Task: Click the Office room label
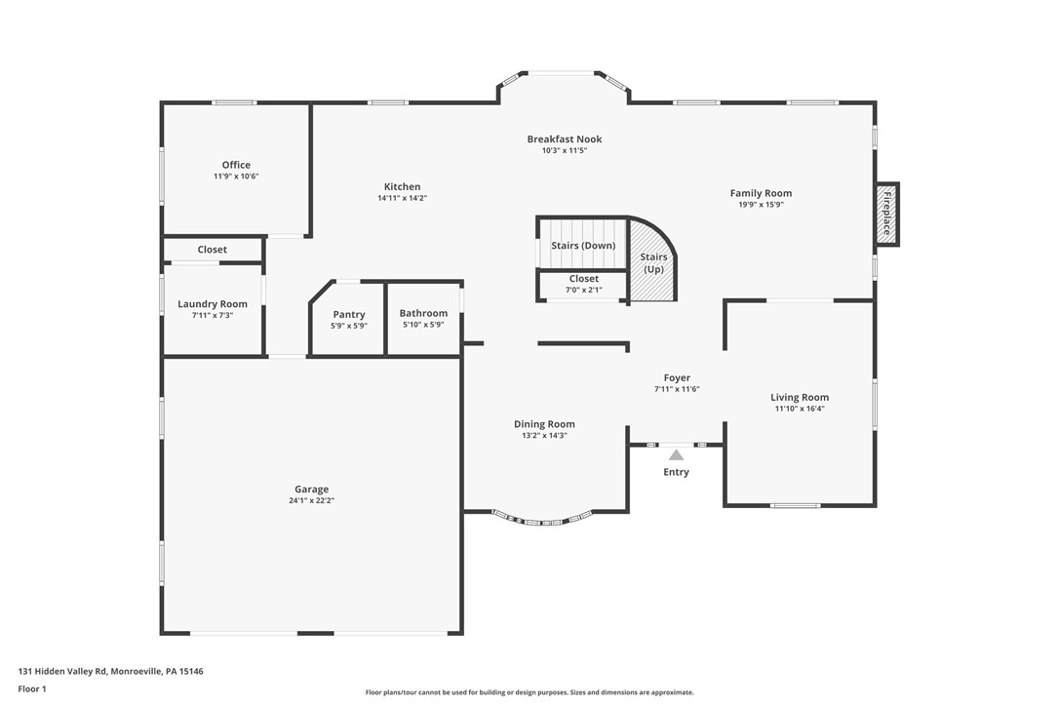(236, 165)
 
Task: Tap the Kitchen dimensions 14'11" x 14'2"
(402, 198)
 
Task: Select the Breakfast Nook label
(565, 139)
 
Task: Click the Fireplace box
(886, 215)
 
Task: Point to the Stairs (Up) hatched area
(652, 263)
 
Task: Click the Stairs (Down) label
(583, 246)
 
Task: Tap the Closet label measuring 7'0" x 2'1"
(584, 279)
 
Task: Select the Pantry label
(348, 314)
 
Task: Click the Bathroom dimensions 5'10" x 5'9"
(423, 325)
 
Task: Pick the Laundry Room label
(213, 304)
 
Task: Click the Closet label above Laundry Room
(212, 250)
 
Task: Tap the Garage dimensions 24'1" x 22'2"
(311, 500)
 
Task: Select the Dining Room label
(544, 424)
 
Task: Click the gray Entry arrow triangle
(676, 454)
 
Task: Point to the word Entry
(676, 472)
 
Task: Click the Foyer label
(677, 377)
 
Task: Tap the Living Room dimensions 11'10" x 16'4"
(800, 409)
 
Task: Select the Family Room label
(761, 193)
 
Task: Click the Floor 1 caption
(32, 688)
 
